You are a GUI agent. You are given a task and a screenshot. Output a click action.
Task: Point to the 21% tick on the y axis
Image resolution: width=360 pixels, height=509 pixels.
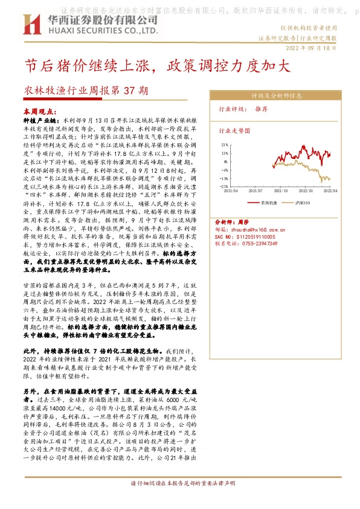coord(224,145)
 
